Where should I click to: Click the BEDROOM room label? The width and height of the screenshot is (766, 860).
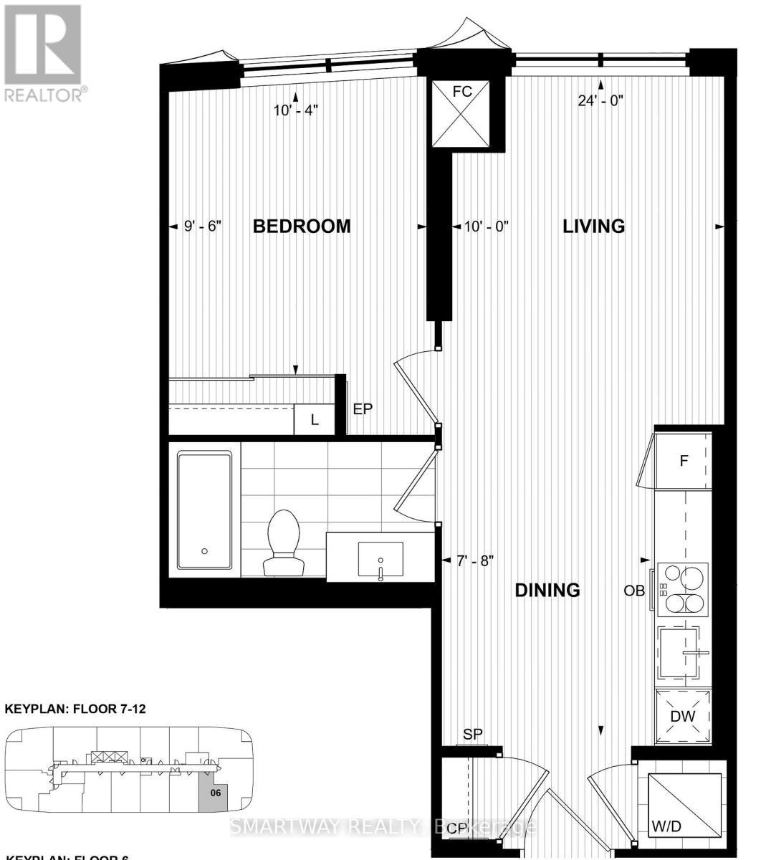click(x=302, y=226)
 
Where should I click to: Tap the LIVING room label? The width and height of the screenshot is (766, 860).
click(x=593, y=226)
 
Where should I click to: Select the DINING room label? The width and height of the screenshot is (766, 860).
click(x=547, y=591)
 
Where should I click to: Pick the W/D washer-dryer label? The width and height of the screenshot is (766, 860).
click(x=666, y=826)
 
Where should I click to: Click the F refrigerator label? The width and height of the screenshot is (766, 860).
click(x=684, y=461)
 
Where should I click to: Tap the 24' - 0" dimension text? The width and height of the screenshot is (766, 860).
click(x=600, y=100)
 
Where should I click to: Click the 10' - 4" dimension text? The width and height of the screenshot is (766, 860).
click(x=295, y=110)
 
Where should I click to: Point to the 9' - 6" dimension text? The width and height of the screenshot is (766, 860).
click(x=204, y=226)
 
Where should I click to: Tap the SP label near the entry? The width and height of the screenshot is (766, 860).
click(x=473, y=734)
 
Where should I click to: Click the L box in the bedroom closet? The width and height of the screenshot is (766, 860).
click(x=314, y=420)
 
